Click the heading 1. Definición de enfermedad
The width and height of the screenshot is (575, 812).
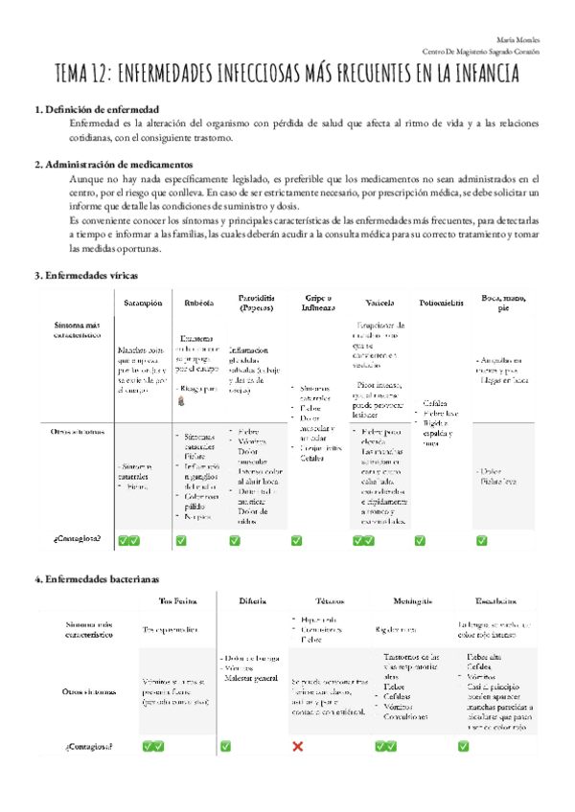coord(96,110)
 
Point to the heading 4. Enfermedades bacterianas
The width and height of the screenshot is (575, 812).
coord(97,579)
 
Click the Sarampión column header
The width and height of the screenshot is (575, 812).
coord(143,303)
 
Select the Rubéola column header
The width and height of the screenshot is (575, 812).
coord(198,303)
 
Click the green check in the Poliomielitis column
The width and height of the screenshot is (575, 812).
coord(419,541)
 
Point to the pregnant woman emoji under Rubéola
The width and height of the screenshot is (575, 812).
coord(181,405)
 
